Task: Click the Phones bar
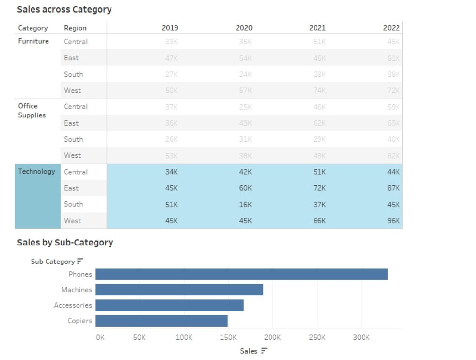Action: pos(241,274)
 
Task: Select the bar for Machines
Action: pos(179,290)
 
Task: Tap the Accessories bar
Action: pos(170,305)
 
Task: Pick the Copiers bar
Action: pos(161,321)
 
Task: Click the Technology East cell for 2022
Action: pos(393,188)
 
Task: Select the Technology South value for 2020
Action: pos(245,204)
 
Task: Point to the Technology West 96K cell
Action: pos(393,221)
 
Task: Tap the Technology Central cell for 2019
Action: pos(171,172)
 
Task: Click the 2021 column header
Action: pos(317,28)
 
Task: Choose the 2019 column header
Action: pos(170,28)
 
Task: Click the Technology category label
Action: pos(37,171)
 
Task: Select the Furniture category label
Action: pos(33,41)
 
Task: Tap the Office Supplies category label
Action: pos(32,111)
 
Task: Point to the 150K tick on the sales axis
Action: pos(228,337)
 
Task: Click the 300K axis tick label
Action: pos(361,337)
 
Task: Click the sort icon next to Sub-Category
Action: pos(80,262)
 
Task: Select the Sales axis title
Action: pos(249,351)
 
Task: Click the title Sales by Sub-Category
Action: pos(65,243)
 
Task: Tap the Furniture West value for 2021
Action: pos(319,90)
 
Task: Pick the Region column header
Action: pos(75,28)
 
